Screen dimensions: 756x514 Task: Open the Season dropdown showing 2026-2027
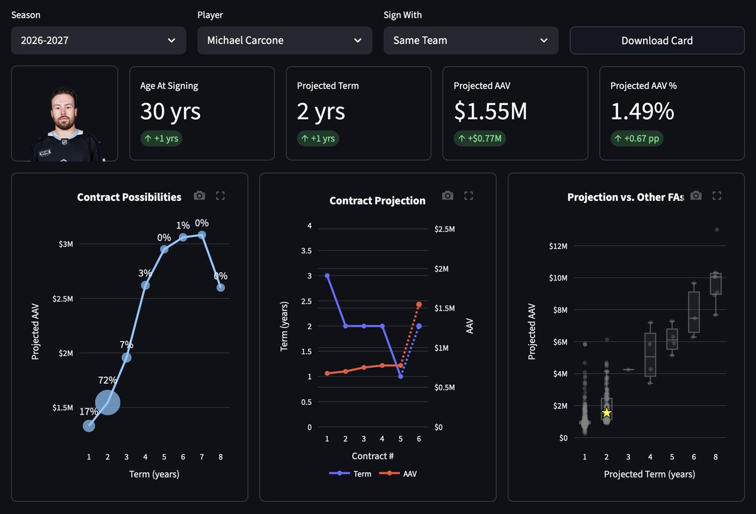pos(98,40)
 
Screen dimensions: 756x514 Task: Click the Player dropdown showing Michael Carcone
pos(285,40)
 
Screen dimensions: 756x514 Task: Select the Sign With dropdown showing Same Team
pos(471,40)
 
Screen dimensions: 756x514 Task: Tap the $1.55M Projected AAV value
pos(490,111)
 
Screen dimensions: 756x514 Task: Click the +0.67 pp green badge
pos(637,139)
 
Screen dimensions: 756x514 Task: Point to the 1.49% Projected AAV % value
pos(642,111)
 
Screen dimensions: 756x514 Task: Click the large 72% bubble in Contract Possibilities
pos(108,403)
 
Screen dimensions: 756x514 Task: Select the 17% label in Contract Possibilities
pos(88,411)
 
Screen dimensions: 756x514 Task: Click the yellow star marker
pos(607,413)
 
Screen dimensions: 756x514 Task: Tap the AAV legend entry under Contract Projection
pos(398,474)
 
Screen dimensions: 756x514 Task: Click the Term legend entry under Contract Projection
pos(350,474)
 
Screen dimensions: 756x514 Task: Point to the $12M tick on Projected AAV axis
pos(558,246)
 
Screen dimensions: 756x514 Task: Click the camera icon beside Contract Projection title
pos(448,195)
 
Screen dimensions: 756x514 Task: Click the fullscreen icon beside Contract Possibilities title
pos(220,196)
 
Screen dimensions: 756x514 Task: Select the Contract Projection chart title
pos(377,200)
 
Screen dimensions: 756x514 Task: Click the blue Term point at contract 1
pos(327,276)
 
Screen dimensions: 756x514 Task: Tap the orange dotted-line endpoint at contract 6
pos(419,304)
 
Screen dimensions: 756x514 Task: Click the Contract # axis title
pos(372,456)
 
